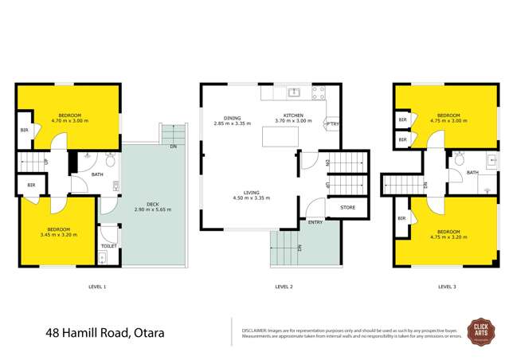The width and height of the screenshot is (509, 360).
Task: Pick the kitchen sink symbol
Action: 293,93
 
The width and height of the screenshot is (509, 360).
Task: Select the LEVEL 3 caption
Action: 447,285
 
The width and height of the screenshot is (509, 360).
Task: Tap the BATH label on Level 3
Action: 472,172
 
